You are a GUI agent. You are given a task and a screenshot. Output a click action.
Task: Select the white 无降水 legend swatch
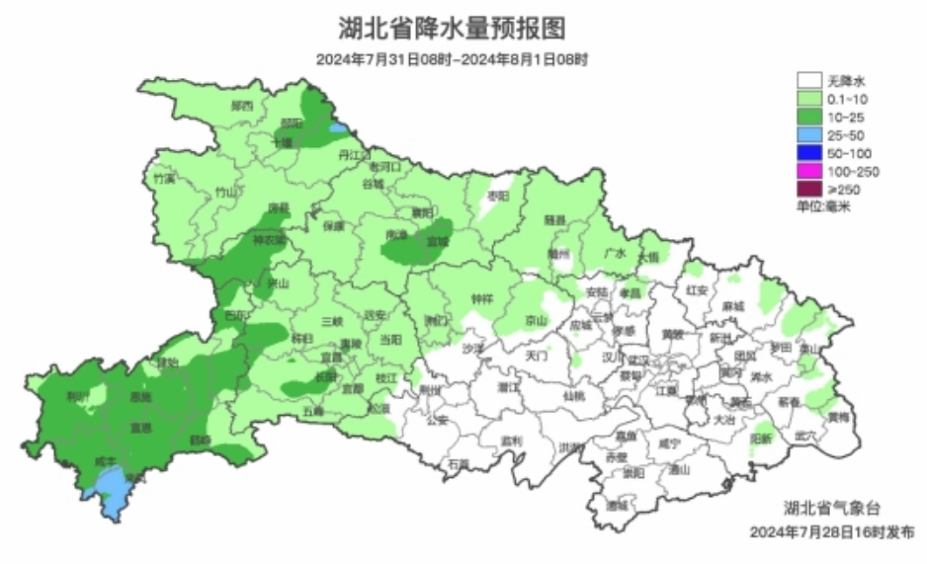tap(810, 80)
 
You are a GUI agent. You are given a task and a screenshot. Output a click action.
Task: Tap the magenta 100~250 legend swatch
tap(810, 172)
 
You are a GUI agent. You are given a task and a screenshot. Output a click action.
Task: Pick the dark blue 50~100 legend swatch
tap(810, 153)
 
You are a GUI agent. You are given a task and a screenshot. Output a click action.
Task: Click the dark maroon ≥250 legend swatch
tap(810, 190)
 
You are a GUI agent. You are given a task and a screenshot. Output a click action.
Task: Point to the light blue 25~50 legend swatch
tap(810, 134)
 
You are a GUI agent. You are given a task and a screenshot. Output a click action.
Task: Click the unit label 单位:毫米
tap(824, 206)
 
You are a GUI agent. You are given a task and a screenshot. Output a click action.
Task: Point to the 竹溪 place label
tap(164, 179)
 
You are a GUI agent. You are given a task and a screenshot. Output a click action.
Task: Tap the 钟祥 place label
tap(481, 297)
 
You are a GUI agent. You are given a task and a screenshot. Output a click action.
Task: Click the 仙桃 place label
tap(574, 395)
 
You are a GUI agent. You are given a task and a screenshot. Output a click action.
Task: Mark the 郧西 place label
tap(242, 106)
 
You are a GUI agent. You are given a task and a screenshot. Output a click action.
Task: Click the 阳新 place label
tap(760, 437)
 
